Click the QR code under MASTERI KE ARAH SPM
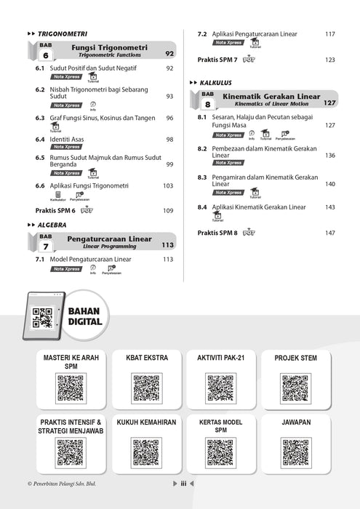coord(71,388)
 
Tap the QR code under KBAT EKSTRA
coord(146,388)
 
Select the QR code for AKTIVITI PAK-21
coord(220,388)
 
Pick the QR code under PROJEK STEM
coord(295,388)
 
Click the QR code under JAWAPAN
coord(295,452)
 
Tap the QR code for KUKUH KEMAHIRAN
coord(146,452)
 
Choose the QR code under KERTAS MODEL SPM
coord(220,452)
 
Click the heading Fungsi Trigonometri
coord(110,47)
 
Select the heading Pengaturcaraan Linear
coord(109,239)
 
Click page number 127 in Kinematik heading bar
coord(329,103)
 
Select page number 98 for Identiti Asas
coord(169,139)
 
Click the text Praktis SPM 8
coord(217,233)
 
